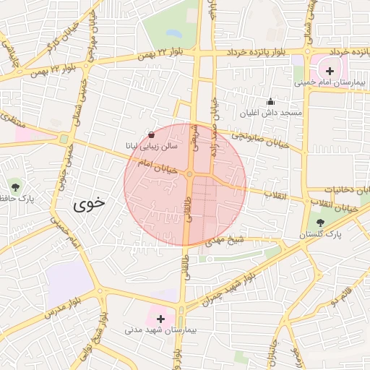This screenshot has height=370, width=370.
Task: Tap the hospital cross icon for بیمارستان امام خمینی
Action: point(330,71)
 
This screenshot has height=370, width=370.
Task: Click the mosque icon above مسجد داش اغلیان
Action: point(270,102)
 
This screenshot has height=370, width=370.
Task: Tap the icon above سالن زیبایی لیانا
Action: point(150,134)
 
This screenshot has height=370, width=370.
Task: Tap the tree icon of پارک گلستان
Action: point(320,223)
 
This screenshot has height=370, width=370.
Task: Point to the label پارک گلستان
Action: point(320,235)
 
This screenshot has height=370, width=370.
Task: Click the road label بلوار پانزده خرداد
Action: point(259,53)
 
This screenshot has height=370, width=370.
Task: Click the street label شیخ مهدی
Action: point(222,240)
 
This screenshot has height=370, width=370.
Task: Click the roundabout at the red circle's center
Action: point(189,175)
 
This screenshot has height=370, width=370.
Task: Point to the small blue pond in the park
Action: point(173,33)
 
